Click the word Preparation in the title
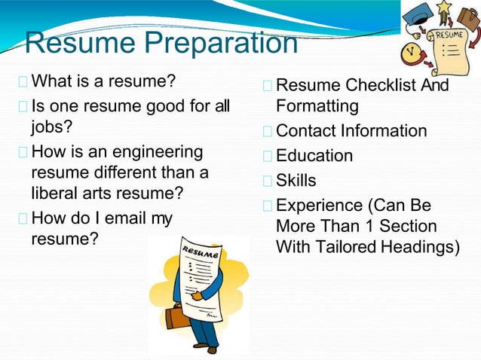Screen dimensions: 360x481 219,44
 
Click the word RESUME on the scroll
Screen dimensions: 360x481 448,35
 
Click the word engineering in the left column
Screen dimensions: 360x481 163,151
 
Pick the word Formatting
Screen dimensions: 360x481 317,105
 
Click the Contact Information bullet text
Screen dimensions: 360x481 351,131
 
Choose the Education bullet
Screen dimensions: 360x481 314,156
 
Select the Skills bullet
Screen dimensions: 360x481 296,181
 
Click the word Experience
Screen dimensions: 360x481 320,206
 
